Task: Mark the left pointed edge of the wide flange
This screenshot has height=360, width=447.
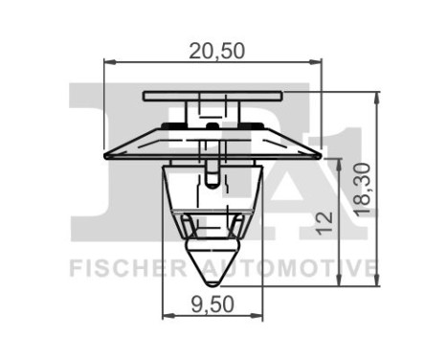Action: [104, 153]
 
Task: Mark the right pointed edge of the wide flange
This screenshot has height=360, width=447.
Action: [320, 153]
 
